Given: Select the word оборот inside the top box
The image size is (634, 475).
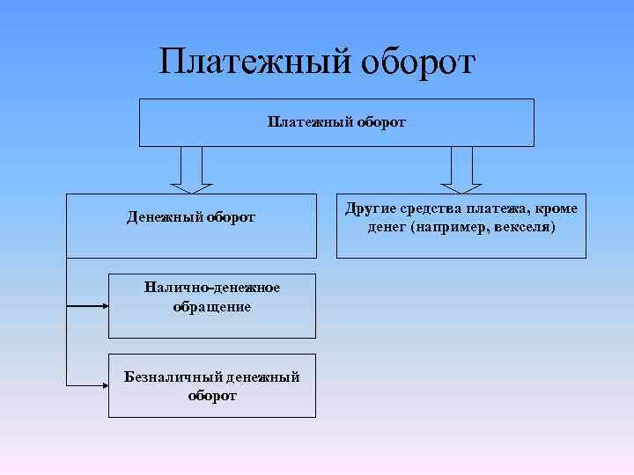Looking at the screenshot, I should pos(381,122).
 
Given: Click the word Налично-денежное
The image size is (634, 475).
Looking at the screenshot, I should pos(212,289).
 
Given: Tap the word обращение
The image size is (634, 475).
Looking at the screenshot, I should pos(212,306).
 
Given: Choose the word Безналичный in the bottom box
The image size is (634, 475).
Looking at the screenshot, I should pos(171,377).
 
